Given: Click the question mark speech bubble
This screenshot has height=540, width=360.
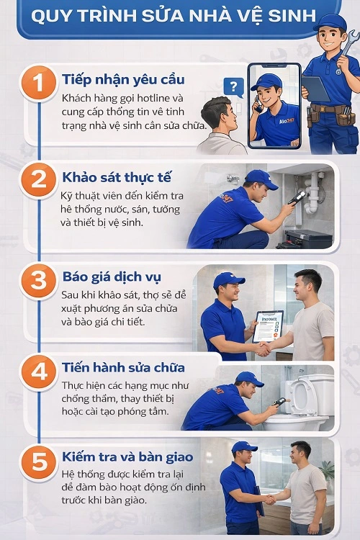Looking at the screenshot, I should (232, 87).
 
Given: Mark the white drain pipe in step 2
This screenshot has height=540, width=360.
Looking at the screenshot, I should (312, 194).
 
